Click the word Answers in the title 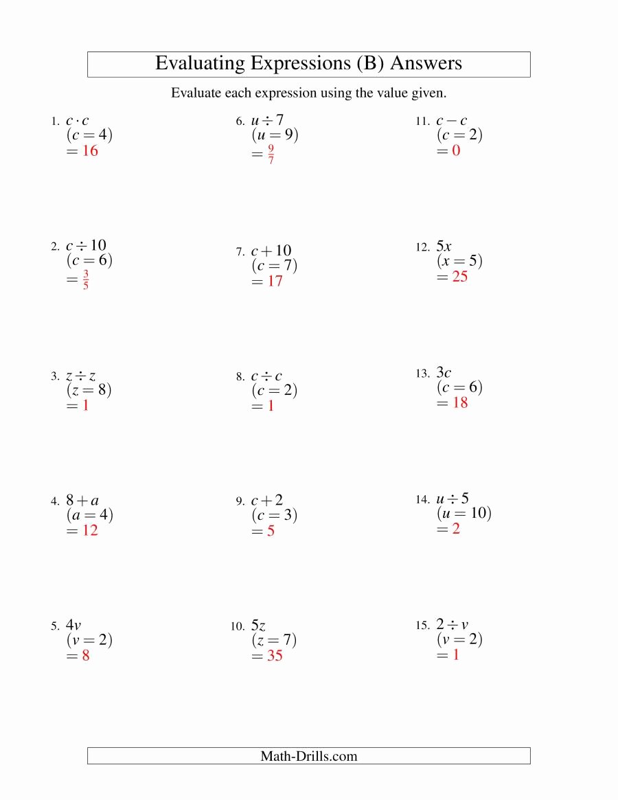[426, 64]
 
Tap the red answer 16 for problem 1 [90, 151]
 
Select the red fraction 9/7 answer [271, 155]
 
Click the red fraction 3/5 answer [86, 280]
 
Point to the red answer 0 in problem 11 [456, 151]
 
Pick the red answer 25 [460, 277]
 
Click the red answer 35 [275, 656]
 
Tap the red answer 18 [460, 403]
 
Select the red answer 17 [275, 282]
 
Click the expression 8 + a [82, 501]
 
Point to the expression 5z [258, 626]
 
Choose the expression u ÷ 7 [267, 121]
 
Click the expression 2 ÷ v [453, 625]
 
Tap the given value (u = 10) [464, 514]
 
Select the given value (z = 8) [89, 391]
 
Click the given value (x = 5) [459, 262]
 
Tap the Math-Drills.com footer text [309, 757]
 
